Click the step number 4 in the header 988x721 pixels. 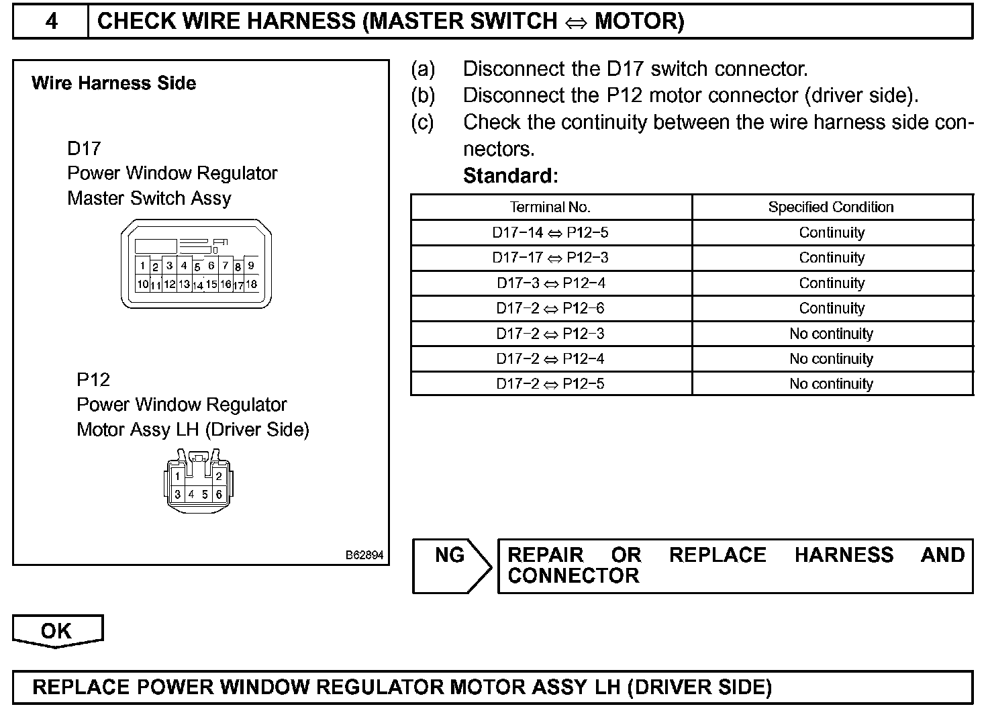coord(51,21)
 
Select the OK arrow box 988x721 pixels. coord(56,631)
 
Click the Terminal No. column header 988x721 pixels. coord(550,207)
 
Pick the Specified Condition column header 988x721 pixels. coord(831,207)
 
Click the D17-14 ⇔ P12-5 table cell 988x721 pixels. coord(550,233)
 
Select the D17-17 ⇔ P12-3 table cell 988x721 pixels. coord(550,258)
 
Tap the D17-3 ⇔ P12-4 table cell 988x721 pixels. coord(550,283)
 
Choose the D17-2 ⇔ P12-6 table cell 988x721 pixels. coord(550,309)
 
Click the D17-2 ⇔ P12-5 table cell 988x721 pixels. coord(550,384)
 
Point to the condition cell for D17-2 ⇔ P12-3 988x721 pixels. coord(831,334)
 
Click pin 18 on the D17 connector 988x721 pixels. coord(251,284)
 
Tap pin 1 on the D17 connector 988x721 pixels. coord(143,266)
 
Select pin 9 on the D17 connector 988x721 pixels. coord(251,265)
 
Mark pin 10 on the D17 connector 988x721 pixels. coord(143,284)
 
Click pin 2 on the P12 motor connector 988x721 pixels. coord(219,477)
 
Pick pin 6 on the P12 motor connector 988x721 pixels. coord(219,495)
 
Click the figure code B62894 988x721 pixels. coord(364,555)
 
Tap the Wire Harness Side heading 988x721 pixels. coord(114,83)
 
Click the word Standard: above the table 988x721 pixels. coord(510,176)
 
